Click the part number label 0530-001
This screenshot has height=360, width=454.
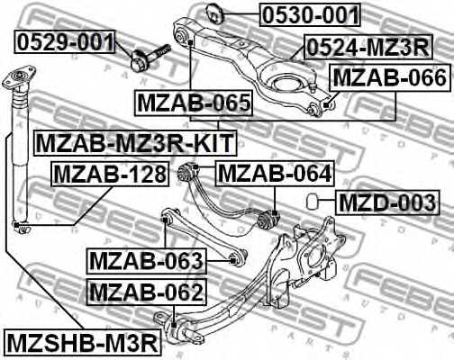pos(311,14)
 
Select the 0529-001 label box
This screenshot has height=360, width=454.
pos(66,41)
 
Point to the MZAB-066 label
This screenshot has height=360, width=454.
pos(388,78)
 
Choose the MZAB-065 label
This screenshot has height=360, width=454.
pos(194,105)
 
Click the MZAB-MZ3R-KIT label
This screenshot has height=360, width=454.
pos(134,142)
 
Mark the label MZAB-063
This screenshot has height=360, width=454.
pos(147,261)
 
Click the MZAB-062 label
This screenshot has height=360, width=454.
pos(147,292)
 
